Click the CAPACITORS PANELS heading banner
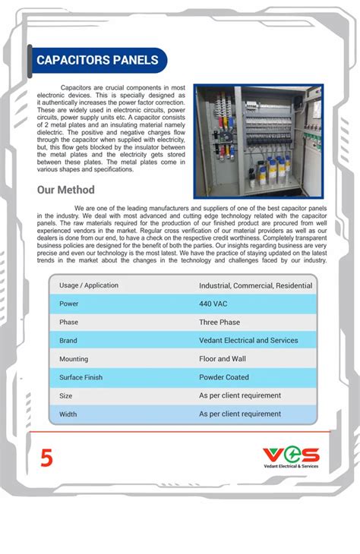pos(98,60)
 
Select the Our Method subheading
pos(66,190)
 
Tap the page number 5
pos(47,458)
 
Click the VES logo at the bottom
pos(291,457)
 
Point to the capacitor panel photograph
pos(258,141)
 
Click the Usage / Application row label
pos(89,285)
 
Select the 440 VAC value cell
pos(214,304)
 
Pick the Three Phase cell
pos(219,322)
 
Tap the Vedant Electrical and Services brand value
pos(248,341)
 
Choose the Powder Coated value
pos(224,377)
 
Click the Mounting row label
pos(74,359)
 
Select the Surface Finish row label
pos(81,377)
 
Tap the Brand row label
pos(68,341)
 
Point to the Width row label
pos(68,414)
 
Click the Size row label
pos(66,396)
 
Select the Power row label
pos(69,304)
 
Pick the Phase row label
pos(69,322)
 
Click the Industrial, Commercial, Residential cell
pos(255,285)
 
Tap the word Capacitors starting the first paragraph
pos(77,88)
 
